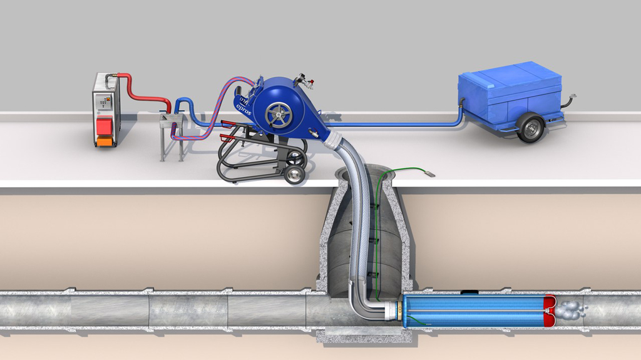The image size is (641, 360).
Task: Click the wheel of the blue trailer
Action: point(530,128)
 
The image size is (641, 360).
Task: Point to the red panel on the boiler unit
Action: point(105,125)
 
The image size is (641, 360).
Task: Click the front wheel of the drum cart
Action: point(294,175)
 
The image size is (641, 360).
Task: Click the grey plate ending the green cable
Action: point(431,175)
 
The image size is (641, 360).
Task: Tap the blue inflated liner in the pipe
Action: point(473,311)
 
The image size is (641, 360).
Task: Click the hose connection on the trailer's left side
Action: point(462,102)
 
